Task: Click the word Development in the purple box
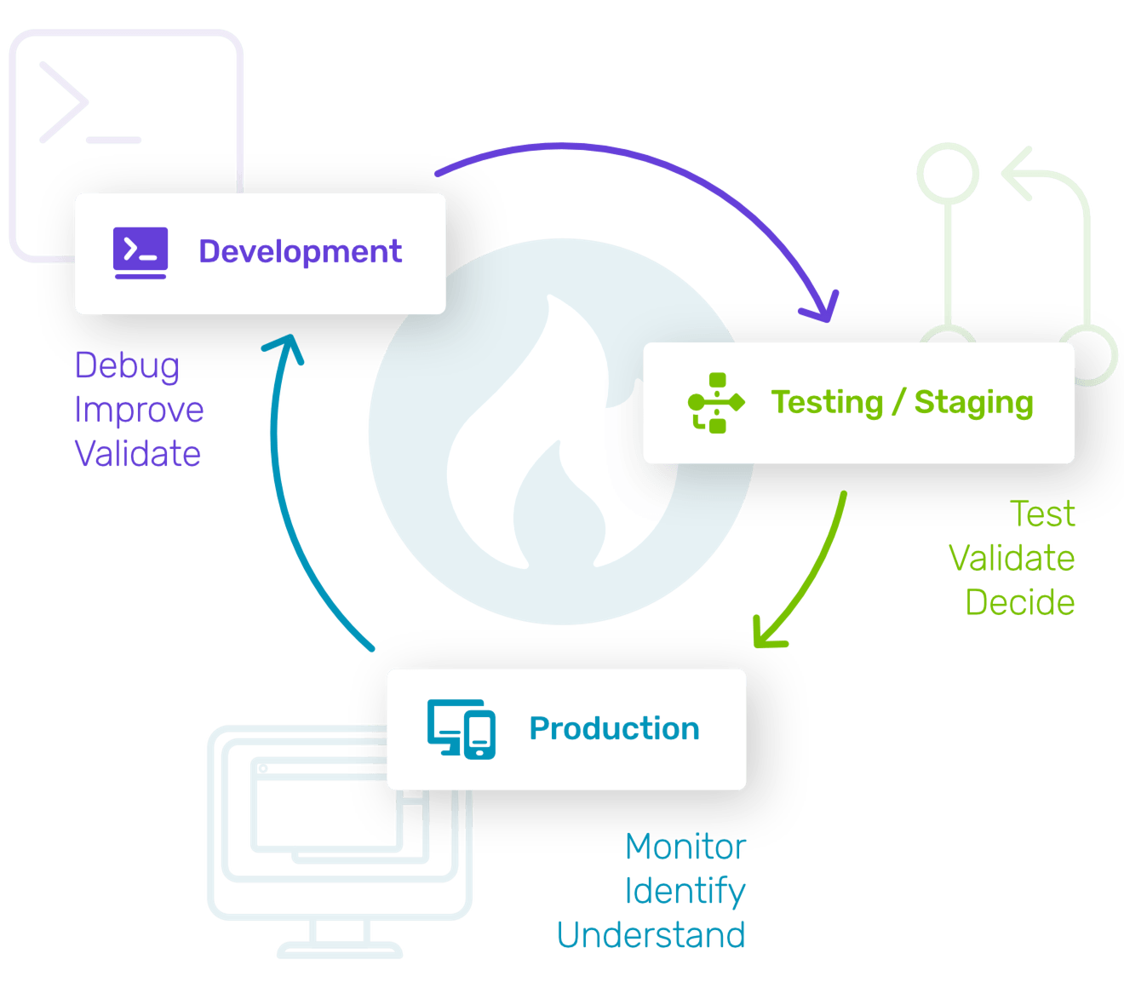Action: click(300, 252)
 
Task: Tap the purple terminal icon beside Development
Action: click(140, 253)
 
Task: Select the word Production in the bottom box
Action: click(614, 729)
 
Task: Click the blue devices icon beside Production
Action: click(461, 729)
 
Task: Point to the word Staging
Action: click(973, 403)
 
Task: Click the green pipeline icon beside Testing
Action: click(715, 403)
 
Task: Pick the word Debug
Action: click(127, 366)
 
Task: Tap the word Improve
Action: click(139, 410)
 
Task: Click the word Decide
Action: click(1020, 602)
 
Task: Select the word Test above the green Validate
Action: click(1042, 514)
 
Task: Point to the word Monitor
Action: click(685, 846)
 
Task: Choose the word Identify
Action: click(685, 891)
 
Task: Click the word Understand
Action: click(651, 935)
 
